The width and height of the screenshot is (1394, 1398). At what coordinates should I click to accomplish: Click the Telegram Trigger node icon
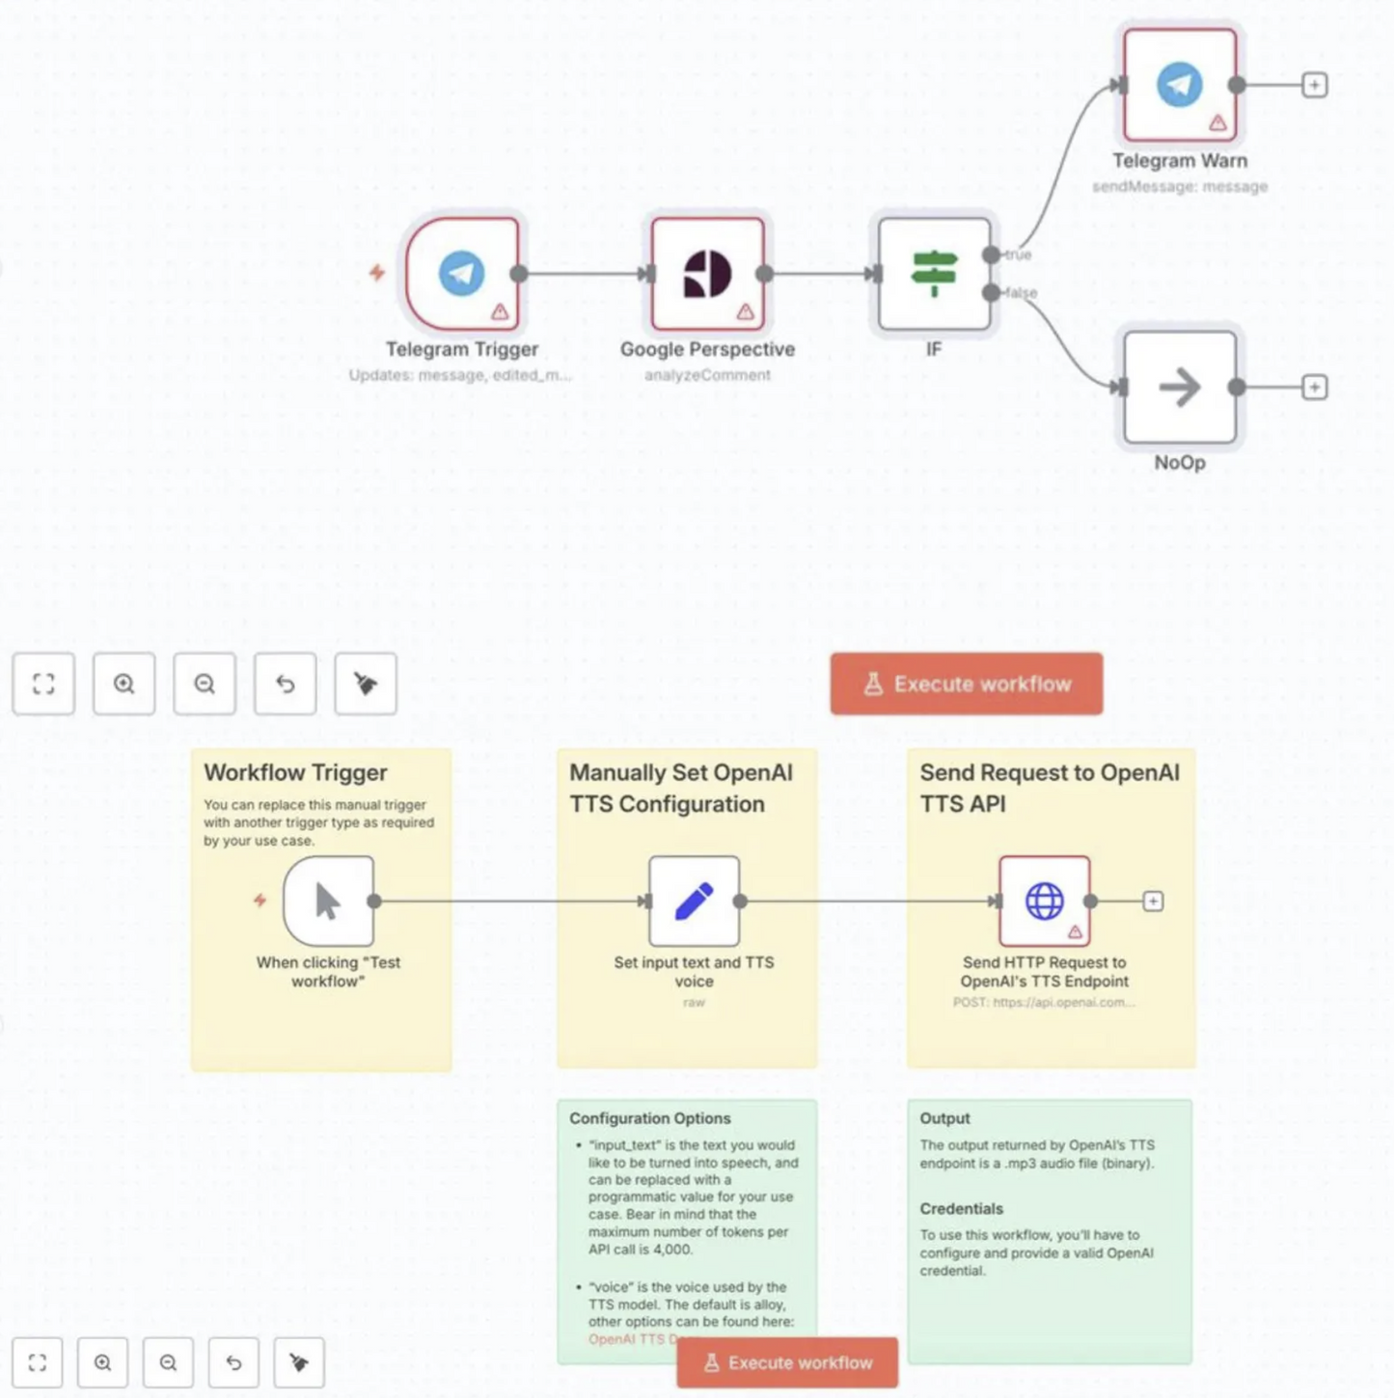pyautogui.click(x=462, y=274)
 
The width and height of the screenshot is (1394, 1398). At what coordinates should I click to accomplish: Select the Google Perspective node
pyautogui.click(x=707, y=274)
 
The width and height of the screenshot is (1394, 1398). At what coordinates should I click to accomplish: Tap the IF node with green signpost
pyautogui.click(x=933, y=274)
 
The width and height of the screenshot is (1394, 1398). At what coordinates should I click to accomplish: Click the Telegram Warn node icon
pyautogui.click(x=1179, y=85)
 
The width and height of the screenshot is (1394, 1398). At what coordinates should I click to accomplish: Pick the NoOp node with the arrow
pyautogui.click(x=1179, y=388)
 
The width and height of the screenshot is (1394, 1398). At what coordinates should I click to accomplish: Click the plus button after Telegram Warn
pyautogui.click(x=1314, y=85)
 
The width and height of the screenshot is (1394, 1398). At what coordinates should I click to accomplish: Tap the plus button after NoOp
pyautogui.click(x=1314, y=388)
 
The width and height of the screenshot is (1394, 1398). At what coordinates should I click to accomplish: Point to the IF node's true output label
pyautogui.click(x=1019, y=255)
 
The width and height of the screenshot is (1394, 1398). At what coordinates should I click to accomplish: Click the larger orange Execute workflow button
pyautogui.click(x=966, y=684)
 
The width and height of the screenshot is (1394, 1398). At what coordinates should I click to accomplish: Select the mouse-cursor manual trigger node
pyautogui.click(x=328, y=901)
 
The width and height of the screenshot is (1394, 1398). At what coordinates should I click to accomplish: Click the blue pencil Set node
pyautogui.click(x=694, y=901)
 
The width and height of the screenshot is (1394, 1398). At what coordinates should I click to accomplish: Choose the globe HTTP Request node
pyautogui.click(x=1044, y=901)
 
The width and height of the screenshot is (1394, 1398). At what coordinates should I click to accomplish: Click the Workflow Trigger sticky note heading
pyautogui.click(x=295, y=773)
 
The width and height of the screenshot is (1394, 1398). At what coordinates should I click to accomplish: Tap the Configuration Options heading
pyautogui.click(x=649, y=1118)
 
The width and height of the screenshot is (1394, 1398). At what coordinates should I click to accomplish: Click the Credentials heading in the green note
pyautogui.click(x=961, y=1209)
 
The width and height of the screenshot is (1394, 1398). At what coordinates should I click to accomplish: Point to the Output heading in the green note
pyautogui.click(x=944, y=1118)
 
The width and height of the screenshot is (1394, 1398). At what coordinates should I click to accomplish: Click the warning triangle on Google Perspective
pyautogui.click(x=746, y=311)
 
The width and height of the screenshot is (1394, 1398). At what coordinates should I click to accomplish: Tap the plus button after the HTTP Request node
pyautogui.click(x=1153, y=901)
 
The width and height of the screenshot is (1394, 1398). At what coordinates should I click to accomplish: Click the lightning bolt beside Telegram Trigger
pyautogui.click(x=377, y=273)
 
